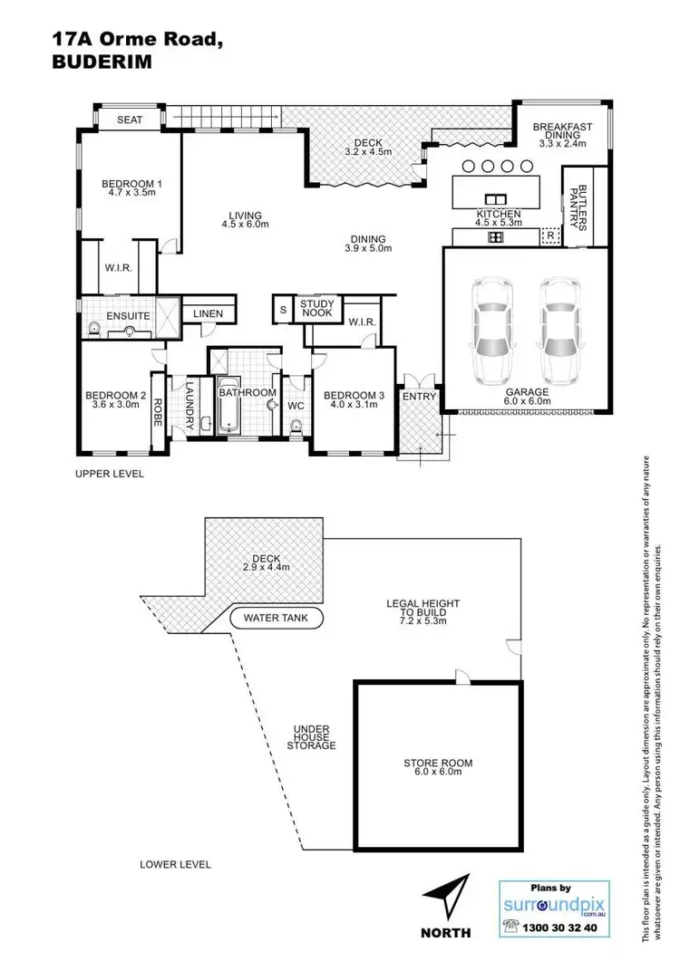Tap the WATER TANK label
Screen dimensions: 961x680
pyautogui.click(x=277, y=620)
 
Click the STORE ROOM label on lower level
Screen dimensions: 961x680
pyautogui.click(x=438, y=767)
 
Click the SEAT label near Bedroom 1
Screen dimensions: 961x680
pyautogui.click(x=131, y=120)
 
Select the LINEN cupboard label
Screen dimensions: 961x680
pyautogui.click(x=207, y=313)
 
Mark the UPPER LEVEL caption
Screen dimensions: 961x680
pyautogui.click(x=110, y=473)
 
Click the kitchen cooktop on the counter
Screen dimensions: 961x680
pyautogui.click(x=496, y=237)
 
